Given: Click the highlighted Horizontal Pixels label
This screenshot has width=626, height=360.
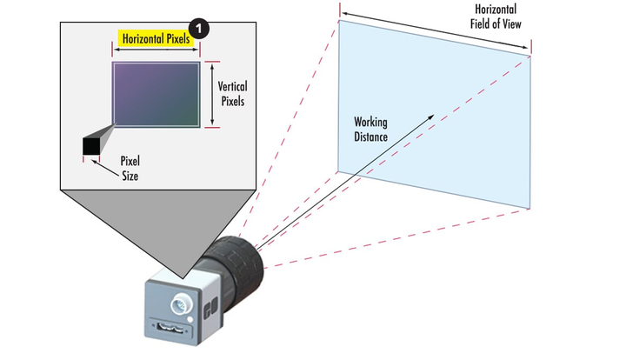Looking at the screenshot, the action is (156, 39).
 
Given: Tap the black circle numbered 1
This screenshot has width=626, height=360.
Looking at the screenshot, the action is (198, 29).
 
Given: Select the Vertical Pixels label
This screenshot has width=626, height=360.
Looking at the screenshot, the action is (232, 94).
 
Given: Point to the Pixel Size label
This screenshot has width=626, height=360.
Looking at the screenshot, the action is (130, 169).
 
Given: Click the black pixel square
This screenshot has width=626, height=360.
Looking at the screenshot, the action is (91, 146).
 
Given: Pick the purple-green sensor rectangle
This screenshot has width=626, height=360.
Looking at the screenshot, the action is (156, 95).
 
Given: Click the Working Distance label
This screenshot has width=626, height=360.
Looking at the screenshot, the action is (370, 130).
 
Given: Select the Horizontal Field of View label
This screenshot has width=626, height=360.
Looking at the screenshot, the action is (496, 17).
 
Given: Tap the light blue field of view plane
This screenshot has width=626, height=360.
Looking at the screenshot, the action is (435, 115).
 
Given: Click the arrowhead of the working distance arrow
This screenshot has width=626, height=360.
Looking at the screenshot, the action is (431, 117).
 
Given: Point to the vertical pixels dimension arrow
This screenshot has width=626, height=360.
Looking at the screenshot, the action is (212, 95).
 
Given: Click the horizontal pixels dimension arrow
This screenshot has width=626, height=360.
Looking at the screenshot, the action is (156, 50).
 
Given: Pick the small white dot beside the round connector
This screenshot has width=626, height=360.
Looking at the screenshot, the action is (190, 319).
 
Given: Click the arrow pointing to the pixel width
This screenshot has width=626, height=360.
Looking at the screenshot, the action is (105, 169).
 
